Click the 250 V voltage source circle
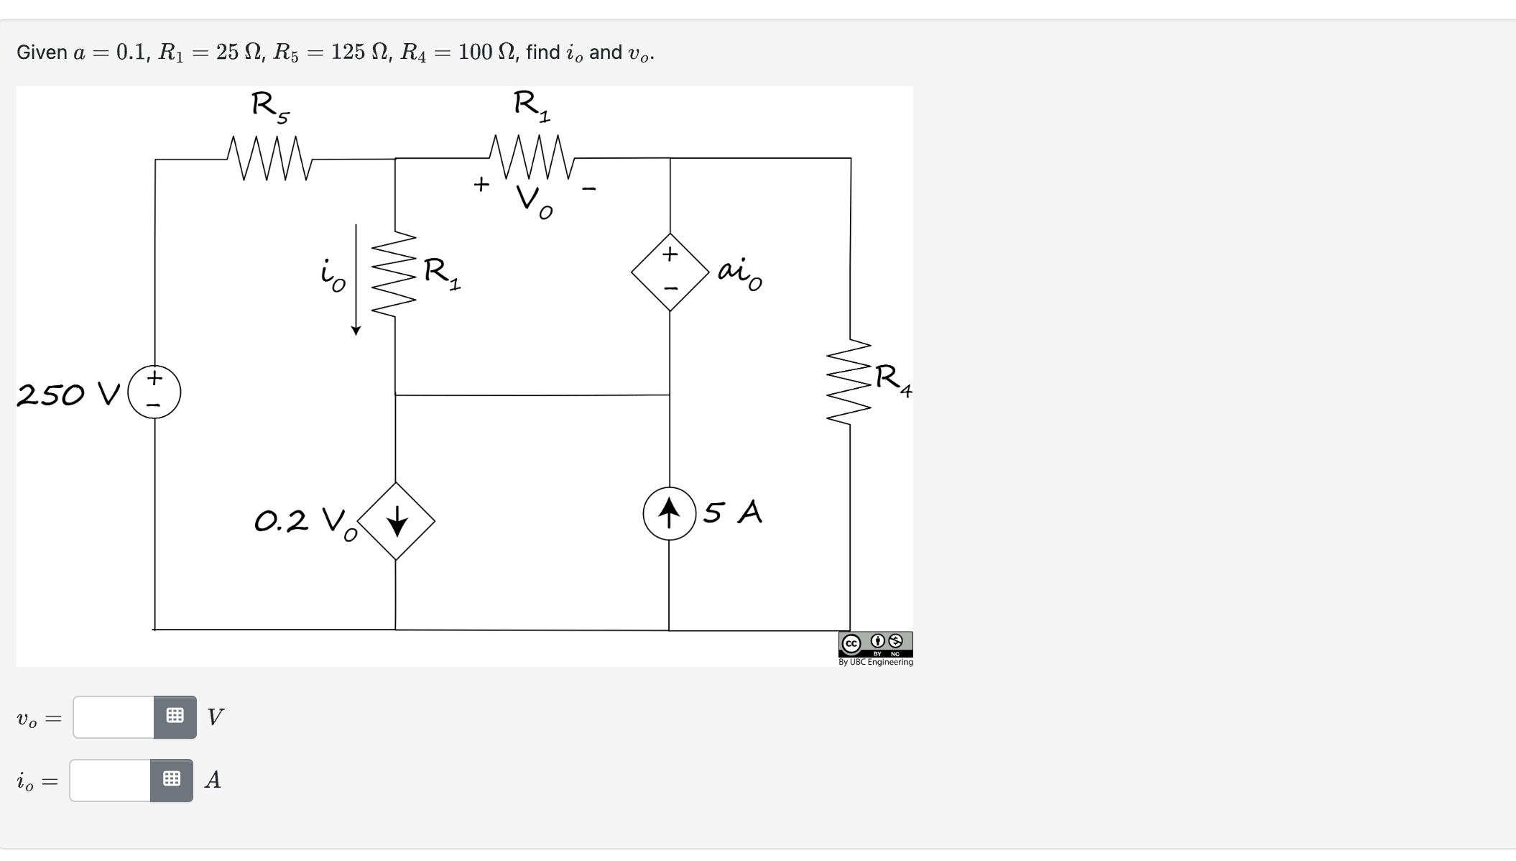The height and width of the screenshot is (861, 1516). coord(154,392)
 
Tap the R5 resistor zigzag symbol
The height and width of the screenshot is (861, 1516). coord(269,158)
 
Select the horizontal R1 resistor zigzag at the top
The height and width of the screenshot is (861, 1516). coord(532,157)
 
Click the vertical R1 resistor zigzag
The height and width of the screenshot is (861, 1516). coord(394,274)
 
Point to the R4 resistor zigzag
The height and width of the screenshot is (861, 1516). coord(849,382)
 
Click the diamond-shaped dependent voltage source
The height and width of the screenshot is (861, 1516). coord(670,272)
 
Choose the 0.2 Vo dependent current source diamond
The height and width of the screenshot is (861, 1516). coord(396,521)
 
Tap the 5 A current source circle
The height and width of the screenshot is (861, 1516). coord(669,514)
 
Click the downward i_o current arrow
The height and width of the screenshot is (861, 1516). coord(356,280)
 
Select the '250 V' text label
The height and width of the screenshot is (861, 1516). coord(68,395)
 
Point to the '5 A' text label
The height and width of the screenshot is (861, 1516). coord(732,512)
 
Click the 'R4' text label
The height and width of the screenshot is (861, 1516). coord(892,379)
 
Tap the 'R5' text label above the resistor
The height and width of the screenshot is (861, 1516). coord(270,107)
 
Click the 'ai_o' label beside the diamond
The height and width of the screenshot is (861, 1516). coord(740,273)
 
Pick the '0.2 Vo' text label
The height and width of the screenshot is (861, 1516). coord(305,522)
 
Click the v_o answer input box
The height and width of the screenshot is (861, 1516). coord(114,717)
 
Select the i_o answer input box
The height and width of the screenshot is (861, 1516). coord(111,780)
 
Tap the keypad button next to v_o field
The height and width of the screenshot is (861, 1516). coord(175,717)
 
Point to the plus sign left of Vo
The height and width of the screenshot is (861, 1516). coord(481,185)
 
